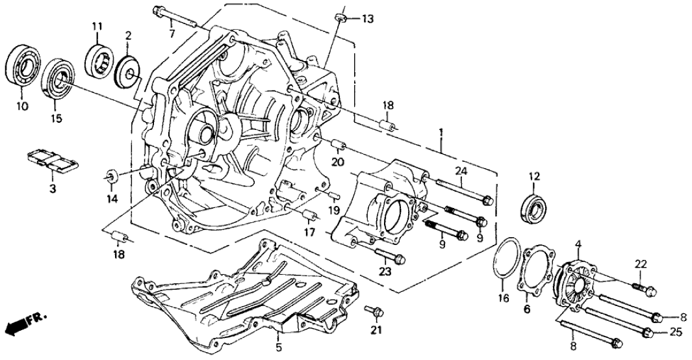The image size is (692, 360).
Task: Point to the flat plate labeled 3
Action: [x=53, y=162]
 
